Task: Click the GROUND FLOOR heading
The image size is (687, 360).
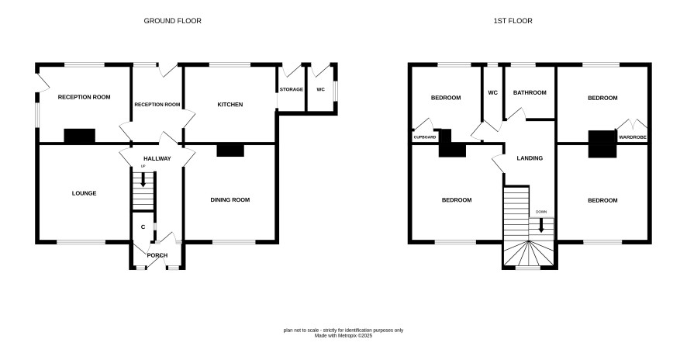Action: (x=173, y=21)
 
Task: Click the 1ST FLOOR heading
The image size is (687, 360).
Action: (x=513, y=21)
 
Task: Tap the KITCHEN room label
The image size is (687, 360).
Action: (x=230, y=105)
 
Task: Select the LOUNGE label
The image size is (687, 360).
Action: (x=84, y=193)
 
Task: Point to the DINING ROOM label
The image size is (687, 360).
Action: (x=230, y=199)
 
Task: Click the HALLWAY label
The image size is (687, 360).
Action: (x=157, y=158)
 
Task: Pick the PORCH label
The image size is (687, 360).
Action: (x=157, y=255)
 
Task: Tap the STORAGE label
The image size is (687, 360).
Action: (x=292, y=89)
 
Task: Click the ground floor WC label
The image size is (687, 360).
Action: (x=321, y=89)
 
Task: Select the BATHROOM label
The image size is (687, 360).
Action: (x=530, y=92)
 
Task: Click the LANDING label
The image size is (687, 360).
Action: (x=530, y=157)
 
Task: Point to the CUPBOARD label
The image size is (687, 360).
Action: (x=425, y=137)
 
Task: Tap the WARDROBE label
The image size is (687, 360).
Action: (x=632, y=137)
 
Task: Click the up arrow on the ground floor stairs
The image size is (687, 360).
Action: (x=143, y=180)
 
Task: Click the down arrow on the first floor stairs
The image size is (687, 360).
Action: (x=541, y=225)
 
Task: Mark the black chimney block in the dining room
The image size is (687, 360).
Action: (x=230, y=150)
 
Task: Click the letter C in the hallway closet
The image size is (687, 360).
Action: (x=143, y=227)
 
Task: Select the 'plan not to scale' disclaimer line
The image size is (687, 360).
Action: (x=343, y=331)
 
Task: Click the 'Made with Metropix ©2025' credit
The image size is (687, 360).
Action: (x=343, y=335)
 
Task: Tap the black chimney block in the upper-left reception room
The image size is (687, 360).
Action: (x=80, y=136)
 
